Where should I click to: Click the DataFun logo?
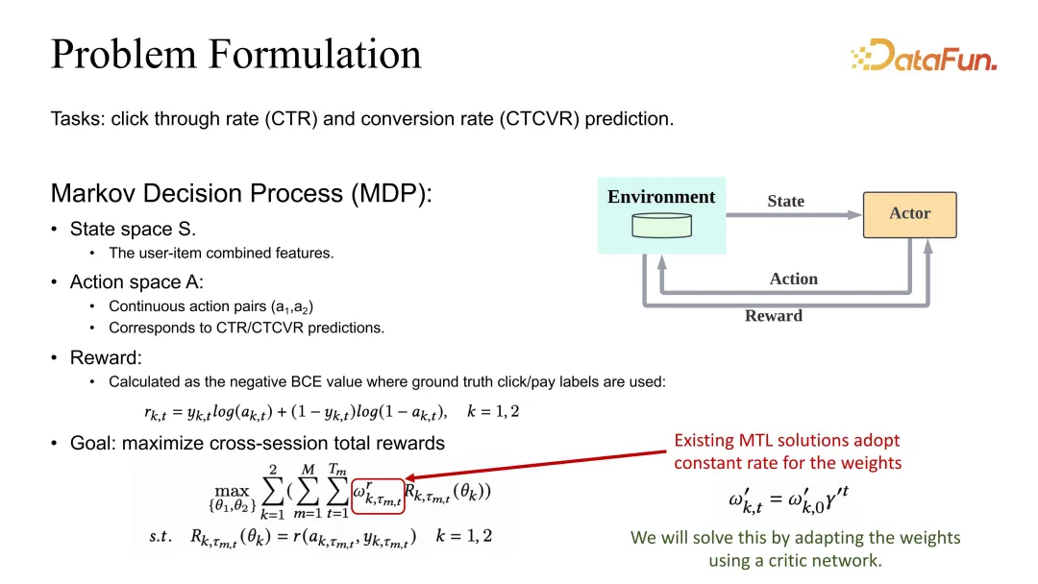coord(925,55)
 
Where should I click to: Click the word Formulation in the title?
coord(315,54)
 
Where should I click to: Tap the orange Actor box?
coord(909,214)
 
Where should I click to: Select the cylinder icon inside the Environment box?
coord(662,226)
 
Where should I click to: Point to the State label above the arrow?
coord(786,201)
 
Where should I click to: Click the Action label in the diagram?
coord(794,279)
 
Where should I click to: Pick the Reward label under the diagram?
coord(773,315)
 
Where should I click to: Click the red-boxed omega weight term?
coord(378,496)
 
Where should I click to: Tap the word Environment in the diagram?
coord(661,197)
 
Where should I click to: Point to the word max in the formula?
coord(232,491)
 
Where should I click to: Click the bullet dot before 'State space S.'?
coord(54,229)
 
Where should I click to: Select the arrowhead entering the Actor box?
coord(854,215)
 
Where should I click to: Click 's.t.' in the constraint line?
coord(161,536)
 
